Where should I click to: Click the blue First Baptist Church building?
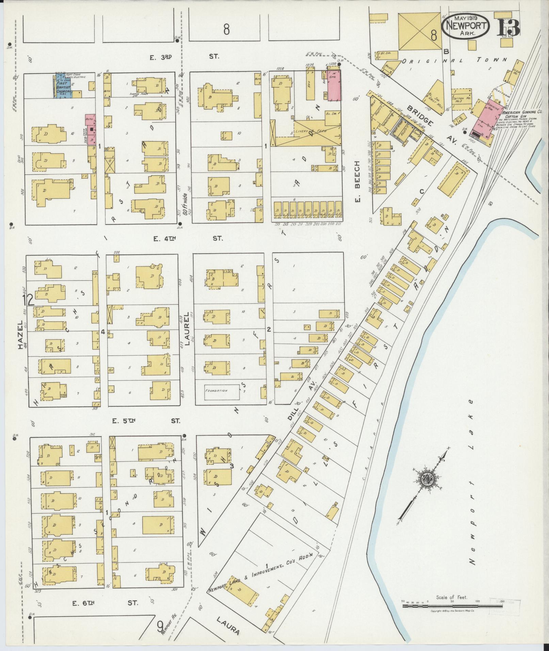pyautogui.click(x=63, y=86)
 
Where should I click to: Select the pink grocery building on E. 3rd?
pyautogui.click(x=334, y=86)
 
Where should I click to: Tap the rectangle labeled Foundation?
pyautogui.click(x=221, y=391)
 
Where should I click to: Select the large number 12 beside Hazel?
pyautogui.click(x=29, y=300)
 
